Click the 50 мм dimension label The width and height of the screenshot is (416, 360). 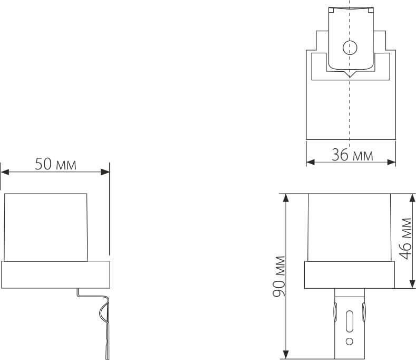pyautogui.click(x=55, y=164)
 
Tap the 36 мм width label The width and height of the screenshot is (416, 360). pyautogui.click(x=352, y=155)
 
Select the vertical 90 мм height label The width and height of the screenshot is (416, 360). pyautogui.click(x=279, y=276)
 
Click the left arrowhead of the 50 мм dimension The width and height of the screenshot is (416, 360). pyautogui.click(x=4, y=171)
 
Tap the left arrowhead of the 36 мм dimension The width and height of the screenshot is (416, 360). pyautogui.click(x=310, y=162)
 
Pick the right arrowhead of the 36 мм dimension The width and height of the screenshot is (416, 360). pyautogui.click(x=392, y=162)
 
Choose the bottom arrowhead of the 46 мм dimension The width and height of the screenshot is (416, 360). pyautogui.click(x=412, y=286)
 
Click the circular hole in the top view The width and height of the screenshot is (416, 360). pyautogui.click(x=349, y=48)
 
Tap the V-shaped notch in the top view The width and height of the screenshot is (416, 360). pyautogui.click(x=349, y=75)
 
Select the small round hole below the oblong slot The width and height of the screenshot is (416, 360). pyautogui.click(x=348, y=341)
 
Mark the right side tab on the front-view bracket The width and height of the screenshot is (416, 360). pyautogui.click(x=363, y=312)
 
